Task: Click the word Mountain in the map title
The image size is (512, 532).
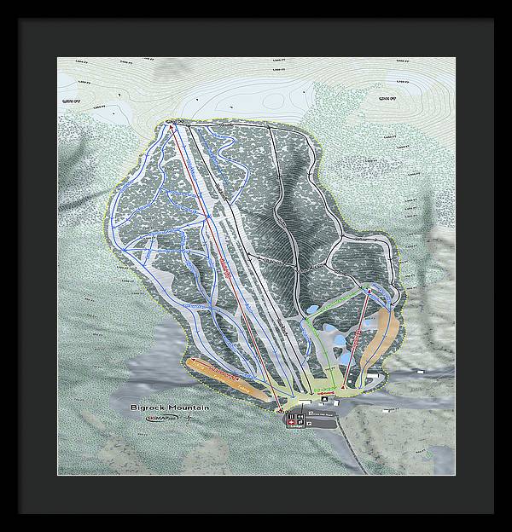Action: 188,408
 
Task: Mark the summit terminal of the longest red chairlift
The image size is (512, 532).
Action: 171,128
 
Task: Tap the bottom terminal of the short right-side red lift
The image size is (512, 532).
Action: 343,388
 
